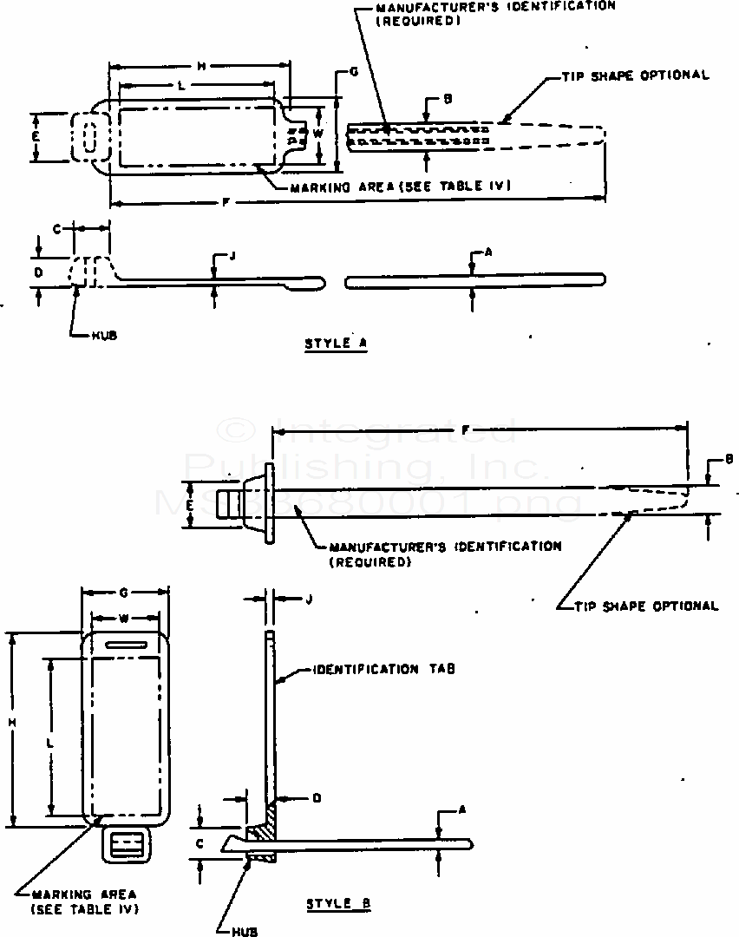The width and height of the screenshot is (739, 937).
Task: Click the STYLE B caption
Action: tap(338, 904)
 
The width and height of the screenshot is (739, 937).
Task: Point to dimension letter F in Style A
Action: tap(226, 203)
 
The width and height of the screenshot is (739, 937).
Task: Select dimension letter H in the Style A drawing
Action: tap(200, 66)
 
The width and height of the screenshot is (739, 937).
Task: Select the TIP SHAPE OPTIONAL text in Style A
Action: tap(629, 75)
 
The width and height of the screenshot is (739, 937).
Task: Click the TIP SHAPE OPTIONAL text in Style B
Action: tap(647, 606)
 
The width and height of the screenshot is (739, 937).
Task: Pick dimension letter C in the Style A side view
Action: tap(56, 229)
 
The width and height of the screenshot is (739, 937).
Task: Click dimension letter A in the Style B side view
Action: tap(462, 809)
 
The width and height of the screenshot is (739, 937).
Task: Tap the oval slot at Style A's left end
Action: tap(87, 137)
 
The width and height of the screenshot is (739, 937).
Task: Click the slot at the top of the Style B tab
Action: tap(125, 644)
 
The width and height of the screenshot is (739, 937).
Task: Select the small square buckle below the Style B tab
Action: tap(127, 843)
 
